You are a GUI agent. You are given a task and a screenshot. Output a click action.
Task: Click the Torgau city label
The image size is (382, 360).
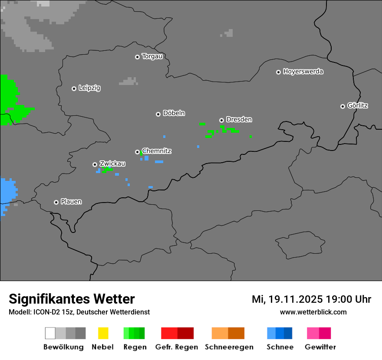tap(152, 56)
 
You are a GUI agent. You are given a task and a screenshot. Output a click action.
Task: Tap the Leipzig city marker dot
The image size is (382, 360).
tap(74, 88)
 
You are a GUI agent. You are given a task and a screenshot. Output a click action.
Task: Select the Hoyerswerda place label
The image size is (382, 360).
tap(303, 72)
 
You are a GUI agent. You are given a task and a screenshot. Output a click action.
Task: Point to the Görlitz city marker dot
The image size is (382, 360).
tap(342, 106)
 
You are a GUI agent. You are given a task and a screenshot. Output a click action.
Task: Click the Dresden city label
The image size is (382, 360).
tap(239, 119)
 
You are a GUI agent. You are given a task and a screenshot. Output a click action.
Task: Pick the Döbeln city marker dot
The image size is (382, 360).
tap(158, 114)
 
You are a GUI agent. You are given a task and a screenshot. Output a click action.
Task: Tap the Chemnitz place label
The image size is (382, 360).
tap(156, 151)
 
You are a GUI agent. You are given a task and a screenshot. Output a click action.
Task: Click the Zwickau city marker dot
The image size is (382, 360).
tap(95, 164)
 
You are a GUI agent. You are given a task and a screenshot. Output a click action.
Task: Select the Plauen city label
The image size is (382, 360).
tap(71, 202)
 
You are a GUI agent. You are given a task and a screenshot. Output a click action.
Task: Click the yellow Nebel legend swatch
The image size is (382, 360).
tap(103, 333)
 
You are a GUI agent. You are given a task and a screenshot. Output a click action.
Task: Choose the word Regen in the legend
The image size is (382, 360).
tap(135, 347)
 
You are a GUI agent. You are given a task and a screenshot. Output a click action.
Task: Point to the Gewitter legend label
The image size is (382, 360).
tap(320, 347)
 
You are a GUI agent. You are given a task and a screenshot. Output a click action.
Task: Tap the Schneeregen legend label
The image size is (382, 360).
tap(229, 347)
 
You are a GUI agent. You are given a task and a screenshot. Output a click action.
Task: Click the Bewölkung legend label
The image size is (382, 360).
tap(63, 347)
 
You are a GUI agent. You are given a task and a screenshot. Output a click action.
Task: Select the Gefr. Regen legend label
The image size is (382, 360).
tap(177, 347)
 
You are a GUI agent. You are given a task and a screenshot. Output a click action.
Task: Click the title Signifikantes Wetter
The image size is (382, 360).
tap(72, 299)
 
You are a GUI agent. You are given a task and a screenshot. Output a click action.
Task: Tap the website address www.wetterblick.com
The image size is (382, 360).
tap(313, 312)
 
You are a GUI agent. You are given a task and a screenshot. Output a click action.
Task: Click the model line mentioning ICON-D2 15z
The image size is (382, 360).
tap(79, 312)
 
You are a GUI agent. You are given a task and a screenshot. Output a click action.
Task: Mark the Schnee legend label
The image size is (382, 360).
tap(280, 347)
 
